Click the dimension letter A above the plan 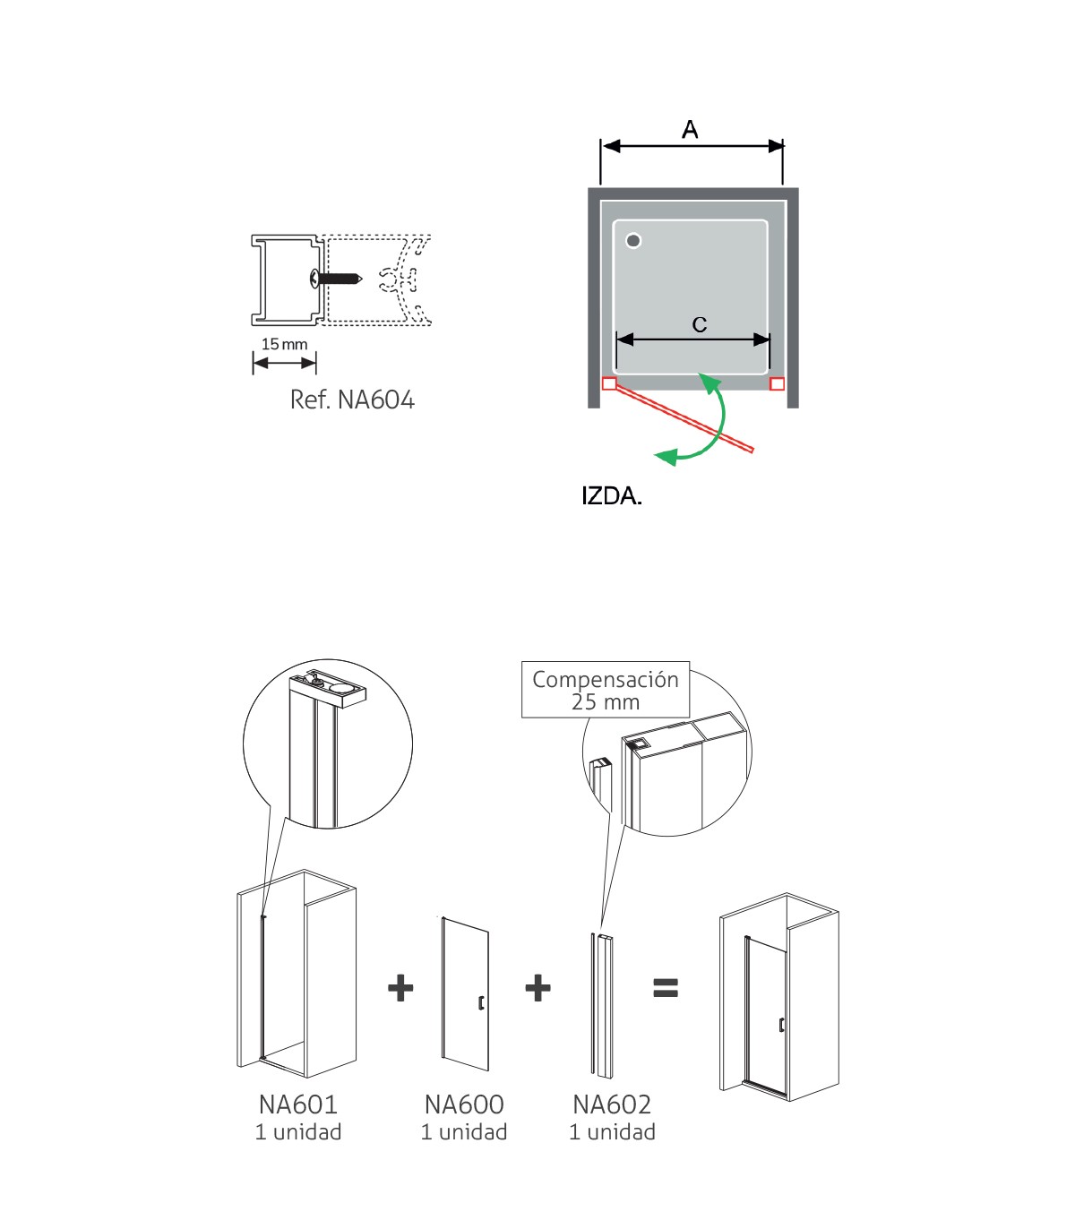[690, 129]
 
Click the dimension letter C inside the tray [700, 324]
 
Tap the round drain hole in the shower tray [633, 241]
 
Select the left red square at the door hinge [609, 383]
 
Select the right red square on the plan [777, 383]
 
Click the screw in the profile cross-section [335, 279]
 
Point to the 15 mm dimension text [284, 344]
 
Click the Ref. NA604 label [352, 400]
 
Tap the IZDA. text [612, 496]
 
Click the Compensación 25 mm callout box [606, 690]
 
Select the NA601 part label [298, 1104]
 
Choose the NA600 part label [464, 1104]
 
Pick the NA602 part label [611, 1104]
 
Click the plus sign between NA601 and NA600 [400, 988]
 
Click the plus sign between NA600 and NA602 [538, 988]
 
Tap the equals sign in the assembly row [666, 987]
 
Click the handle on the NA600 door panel [481, 1002]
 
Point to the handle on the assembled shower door [781, 1025]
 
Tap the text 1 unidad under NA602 [611, 1132]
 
